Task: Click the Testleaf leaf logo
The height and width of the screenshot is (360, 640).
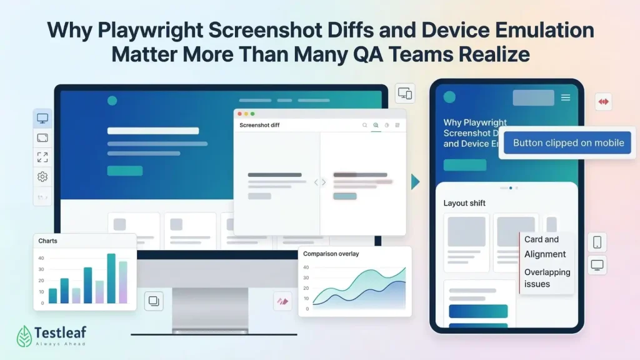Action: (x=24, y=336)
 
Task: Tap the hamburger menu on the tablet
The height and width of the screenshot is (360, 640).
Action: (x=566, y=97)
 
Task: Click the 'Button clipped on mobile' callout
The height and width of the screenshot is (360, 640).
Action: (x=568, y=143)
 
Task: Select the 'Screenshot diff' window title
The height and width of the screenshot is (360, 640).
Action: (x=259, y=125)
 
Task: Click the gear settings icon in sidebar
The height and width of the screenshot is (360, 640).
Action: (x=42, y=177)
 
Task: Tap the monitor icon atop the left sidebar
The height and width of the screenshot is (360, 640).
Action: (x=42, y=118)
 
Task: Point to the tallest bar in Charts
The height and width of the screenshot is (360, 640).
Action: (x=111, y=278)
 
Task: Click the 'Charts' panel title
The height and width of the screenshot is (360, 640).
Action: (x=48, y=241)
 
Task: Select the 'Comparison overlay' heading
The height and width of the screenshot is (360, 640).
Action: (x=331, y=254)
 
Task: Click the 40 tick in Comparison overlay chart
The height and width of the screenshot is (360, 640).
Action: (x=306, y=267)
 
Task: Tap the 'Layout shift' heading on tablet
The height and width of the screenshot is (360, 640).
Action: (x=464, y=203)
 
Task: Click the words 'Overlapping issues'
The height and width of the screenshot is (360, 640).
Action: (x=547, y=278)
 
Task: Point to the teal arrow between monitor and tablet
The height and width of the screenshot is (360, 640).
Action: (x=415, y=182)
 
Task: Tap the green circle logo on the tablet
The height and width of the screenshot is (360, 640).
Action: (x=449, y=97)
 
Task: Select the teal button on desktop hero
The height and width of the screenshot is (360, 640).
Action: (x=124, y=171)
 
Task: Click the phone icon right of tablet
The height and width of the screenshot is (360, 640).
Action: (x=597, y=242)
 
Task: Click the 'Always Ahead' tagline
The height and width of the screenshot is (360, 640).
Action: (x=61, y=344)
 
